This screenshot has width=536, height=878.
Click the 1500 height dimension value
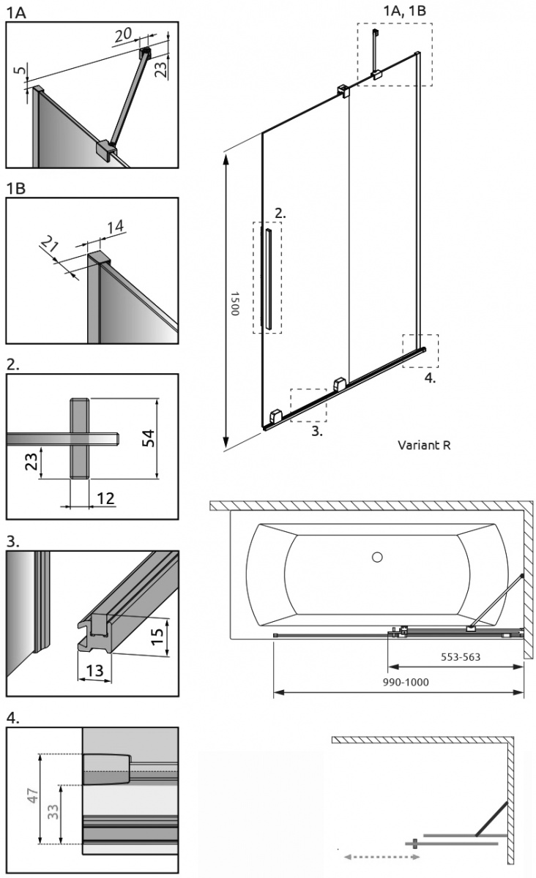[234, 302]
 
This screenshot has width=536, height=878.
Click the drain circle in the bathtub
[377, 558]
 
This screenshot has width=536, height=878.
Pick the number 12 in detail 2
[105, 498]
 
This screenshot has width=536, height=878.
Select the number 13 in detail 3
[93, 669]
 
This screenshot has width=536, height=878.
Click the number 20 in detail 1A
[123, 34]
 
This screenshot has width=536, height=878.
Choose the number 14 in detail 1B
[114, 228]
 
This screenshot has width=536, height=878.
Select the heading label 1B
[15, 188]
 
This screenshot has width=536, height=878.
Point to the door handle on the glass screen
[269, 277]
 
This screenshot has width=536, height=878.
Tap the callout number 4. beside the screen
[430, 378]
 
